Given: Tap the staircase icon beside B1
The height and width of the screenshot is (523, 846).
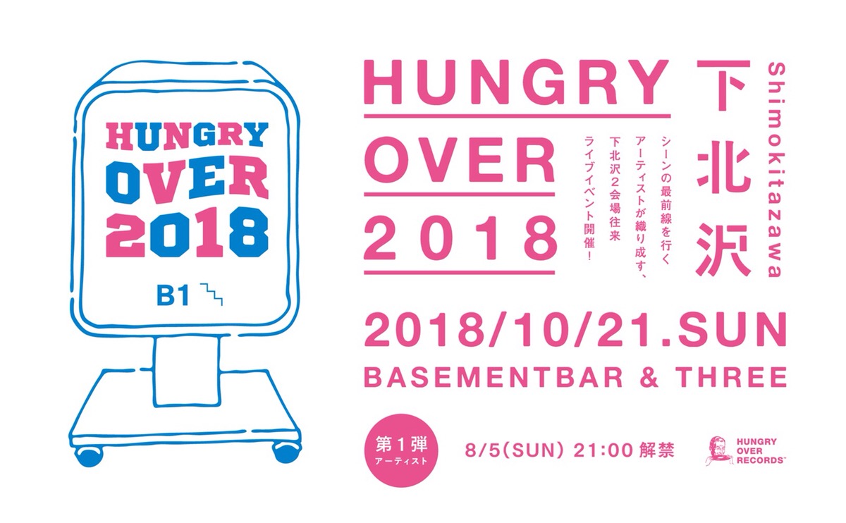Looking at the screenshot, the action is [x=212, y=294].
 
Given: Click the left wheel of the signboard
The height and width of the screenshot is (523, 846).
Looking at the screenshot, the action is [x=90, y=457].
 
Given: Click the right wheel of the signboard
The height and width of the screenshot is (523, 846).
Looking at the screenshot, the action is [x=286, y=454].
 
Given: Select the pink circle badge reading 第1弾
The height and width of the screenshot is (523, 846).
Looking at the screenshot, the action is [x=401, y=450].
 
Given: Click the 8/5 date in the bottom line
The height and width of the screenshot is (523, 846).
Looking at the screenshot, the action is [x=482, y=450].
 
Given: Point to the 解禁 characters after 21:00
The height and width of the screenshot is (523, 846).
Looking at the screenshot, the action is [x=658, y=450].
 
